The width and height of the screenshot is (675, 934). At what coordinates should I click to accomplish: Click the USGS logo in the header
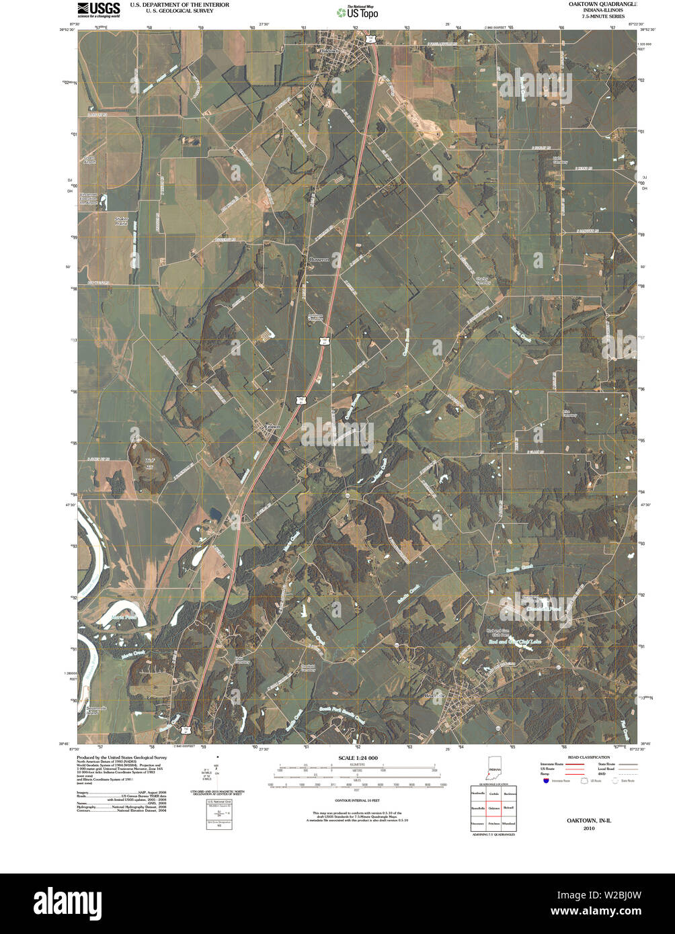[99, 9]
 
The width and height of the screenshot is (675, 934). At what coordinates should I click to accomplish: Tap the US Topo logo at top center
[358, 11]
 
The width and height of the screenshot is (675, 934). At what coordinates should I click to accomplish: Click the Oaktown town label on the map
[329, 51]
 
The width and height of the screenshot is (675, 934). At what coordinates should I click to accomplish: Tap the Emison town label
[271, 425]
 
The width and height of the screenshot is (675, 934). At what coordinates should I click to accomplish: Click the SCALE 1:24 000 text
[357, 758]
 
